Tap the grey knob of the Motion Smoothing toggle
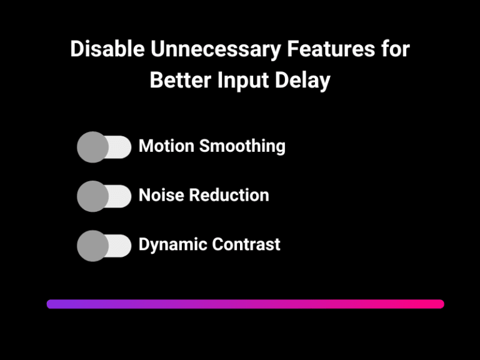(92, 147)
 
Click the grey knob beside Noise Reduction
(92, 196)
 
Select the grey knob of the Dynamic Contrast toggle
(92, 246)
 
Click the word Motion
(166, 146)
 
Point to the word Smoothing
(242, 147)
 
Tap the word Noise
(161, 195)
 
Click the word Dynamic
(172, 244)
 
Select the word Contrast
(246, 244)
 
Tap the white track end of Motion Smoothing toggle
(121, 147)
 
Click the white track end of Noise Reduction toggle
(121, 196)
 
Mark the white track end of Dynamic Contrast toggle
(121, 246)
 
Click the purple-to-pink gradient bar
(245, 304)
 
